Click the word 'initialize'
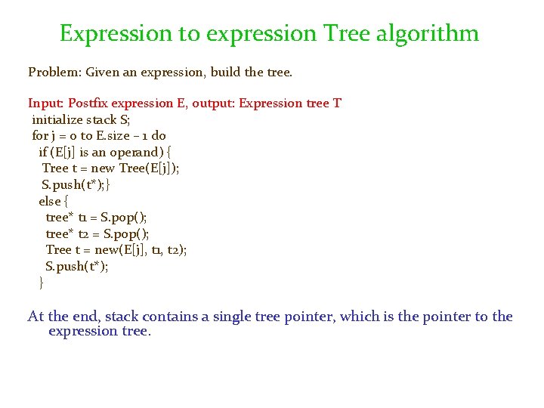pos(58,119)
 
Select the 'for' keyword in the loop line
pos(40,136)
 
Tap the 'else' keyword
pos(49,201)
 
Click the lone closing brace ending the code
pos(41,283)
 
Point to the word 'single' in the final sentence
pos(233,317)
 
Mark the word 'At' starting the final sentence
pos(36,317)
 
